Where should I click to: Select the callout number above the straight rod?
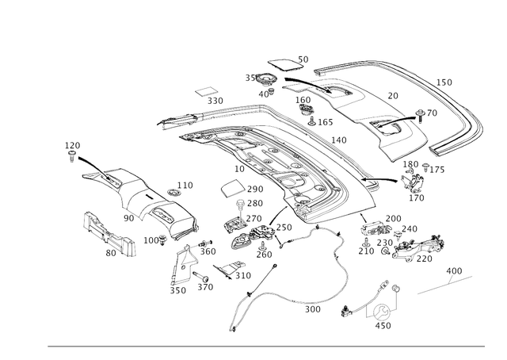(454, 270)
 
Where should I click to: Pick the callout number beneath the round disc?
(383, 326)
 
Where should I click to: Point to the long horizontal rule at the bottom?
(265, 346)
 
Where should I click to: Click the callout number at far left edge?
(73, 144)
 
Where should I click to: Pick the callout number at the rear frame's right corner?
(446, 82)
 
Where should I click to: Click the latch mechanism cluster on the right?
(404, 242)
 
